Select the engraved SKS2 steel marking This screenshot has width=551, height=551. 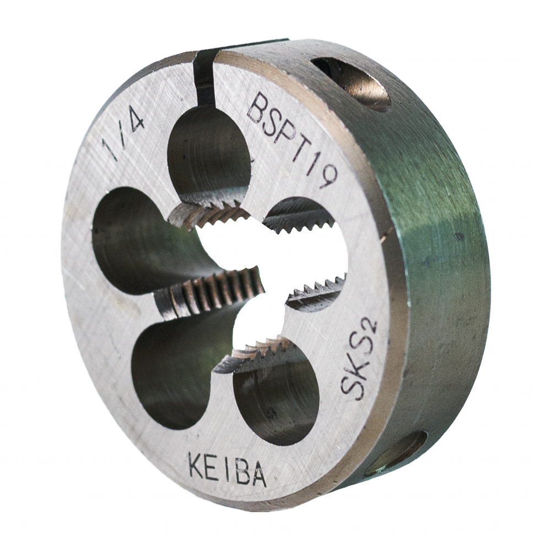coord(359,359)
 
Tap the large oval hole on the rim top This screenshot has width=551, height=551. coord(352,83)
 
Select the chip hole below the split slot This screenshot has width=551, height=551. coord(209,155)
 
